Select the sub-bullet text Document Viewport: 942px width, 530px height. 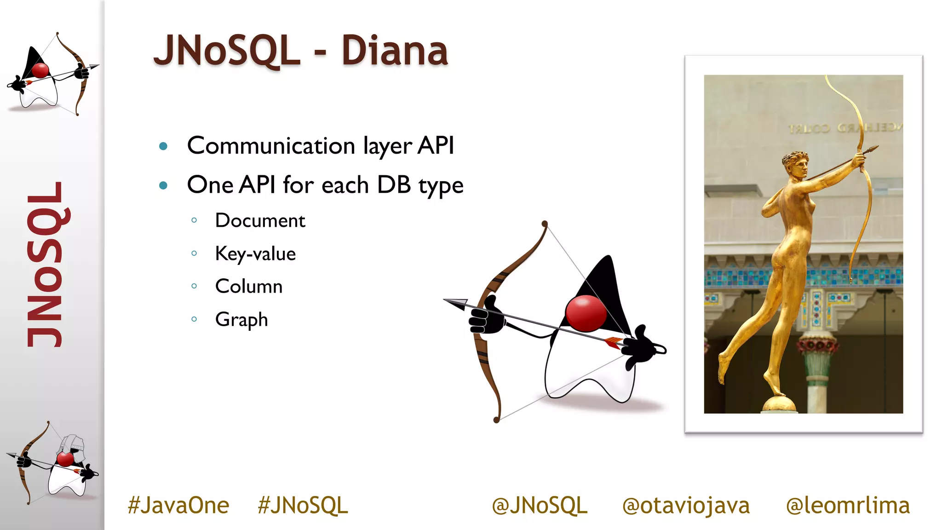point(260,220)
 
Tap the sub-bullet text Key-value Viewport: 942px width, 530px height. point(255,253)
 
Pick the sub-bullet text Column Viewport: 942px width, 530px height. point(249,286)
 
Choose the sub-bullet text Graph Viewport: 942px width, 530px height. point(241,319)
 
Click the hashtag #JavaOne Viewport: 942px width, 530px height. point(178,505)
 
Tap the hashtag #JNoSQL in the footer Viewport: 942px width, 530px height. point(303,505)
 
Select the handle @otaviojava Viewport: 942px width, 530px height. point(686,505)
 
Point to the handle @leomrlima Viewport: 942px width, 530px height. point(848,505)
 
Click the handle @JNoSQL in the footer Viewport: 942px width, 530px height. point(540,505)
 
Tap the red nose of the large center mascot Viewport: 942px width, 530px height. point(586,313)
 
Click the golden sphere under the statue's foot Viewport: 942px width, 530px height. point(779,404)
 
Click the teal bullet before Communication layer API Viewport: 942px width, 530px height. point(163,147)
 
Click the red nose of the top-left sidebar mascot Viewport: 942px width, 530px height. point(40,70)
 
